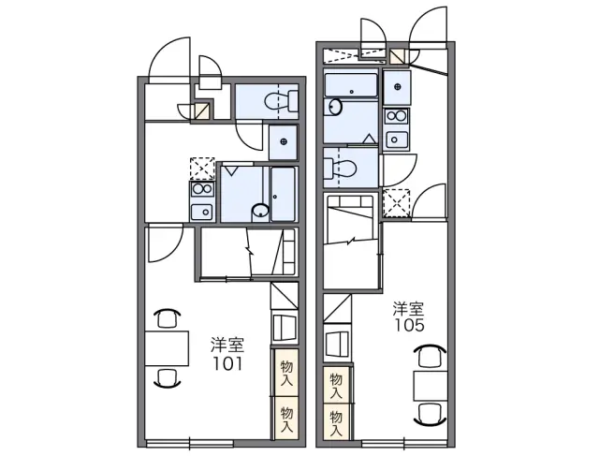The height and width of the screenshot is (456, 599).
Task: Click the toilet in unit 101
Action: coord(282,101)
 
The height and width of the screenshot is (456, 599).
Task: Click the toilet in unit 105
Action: coord(340,168)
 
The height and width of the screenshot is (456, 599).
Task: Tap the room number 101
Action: coord(227,363)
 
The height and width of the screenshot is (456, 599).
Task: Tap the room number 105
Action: coord(410,325)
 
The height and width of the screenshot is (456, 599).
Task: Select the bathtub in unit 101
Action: coord(283,194)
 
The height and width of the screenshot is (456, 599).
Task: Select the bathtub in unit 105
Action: coord(351,85)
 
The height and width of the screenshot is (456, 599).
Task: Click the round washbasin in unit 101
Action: coord(260,211)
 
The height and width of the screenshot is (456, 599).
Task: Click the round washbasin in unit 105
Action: coord(335,107)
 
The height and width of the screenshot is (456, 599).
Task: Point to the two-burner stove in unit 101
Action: coord(202,188)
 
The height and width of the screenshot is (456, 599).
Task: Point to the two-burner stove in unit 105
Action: coord(397,115)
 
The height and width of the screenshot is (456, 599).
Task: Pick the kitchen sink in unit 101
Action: coord(202,213)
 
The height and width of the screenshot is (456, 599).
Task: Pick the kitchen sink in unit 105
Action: coord(397,140)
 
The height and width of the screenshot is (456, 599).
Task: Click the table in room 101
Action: coord(167,348)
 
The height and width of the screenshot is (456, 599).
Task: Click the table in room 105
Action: coord(431,385)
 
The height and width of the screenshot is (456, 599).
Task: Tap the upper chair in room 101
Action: coord(167,318)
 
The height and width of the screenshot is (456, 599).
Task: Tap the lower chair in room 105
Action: coord(431,415)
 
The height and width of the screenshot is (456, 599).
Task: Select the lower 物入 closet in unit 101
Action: coord(286,418)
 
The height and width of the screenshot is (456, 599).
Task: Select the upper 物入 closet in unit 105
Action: coord(336,386)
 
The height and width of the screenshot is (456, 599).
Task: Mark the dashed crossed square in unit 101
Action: coord(202,169)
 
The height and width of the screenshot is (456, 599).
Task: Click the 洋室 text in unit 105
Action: coord(409,309)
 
